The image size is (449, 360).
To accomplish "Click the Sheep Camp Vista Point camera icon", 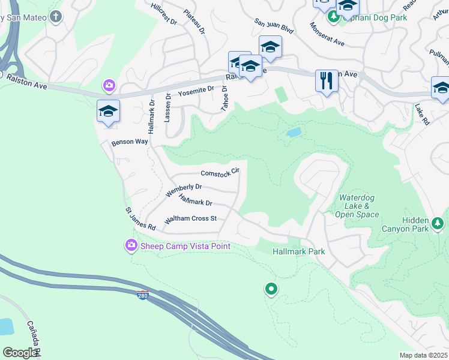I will tap(131, 245).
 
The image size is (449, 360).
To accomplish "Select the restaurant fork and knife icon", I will tap(327, 80).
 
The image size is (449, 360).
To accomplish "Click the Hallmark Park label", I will tap(299, 251).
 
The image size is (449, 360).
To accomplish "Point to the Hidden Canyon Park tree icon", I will tap(438, 224).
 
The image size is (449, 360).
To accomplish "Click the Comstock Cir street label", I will tap(220, 172).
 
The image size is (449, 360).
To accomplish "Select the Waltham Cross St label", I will tap(190, 219).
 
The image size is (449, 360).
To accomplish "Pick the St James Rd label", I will tap(140, 220).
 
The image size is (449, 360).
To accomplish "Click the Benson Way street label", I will tap(130, 142).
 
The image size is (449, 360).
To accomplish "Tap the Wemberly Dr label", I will tap(183, 191).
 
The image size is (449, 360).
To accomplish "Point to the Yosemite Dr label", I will tap(196, 91).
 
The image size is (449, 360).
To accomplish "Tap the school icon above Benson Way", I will tap(108, 112).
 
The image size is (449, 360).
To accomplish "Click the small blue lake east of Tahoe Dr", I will tap(294, 133).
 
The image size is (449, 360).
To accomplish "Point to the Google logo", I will tap(20, 353).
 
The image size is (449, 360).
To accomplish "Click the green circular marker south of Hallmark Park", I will tap(271, 290).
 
